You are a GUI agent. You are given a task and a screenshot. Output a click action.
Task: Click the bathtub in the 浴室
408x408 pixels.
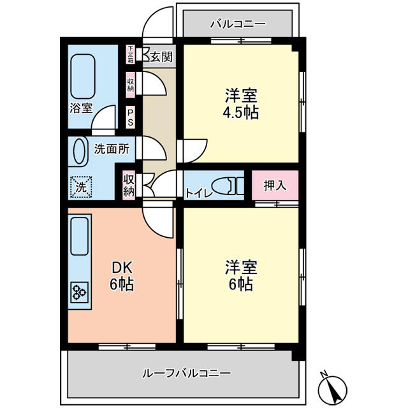[83, 76]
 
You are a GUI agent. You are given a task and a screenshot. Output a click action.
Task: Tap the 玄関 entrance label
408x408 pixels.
[162, 57]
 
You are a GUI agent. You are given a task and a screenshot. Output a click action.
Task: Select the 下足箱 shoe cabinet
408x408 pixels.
[130, 54]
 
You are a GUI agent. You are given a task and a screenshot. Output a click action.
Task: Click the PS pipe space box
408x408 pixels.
[130, 117]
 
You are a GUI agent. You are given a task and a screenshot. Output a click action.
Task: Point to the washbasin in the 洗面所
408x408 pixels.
[79, 152]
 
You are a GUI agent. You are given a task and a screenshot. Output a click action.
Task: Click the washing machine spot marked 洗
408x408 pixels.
[81, 187]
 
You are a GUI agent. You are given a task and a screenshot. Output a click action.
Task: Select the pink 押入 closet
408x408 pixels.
[275, 185]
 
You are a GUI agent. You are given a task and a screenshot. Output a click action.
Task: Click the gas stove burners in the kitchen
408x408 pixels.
[79, 292]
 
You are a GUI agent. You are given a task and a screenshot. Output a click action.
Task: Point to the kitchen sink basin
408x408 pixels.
[79, 236]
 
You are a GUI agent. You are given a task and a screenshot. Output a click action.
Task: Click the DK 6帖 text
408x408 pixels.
[122, 276]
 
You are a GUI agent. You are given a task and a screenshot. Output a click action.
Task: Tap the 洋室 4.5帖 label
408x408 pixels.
[241, 104]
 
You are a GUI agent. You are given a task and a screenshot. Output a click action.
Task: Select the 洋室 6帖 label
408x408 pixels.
[241, 275]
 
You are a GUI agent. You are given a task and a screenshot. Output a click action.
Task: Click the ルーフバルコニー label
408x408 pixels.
[186, 374]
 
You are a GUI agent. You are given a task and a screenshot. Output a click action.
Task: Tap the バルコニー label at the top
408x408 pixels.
[238, 24]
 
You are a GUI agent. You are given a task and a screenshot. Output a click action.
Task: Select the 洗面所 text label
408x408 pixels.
[112, 149]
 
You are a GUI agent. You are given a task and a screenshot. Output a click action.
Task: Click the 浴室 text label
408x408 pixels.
[81, 108]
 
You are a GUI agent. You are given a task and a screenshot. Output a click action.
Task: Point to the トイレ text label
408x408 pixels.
[198, 193]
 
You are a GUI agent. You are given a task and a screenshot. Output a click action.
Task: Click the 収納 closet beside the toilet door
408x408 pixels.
[129, 185]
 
